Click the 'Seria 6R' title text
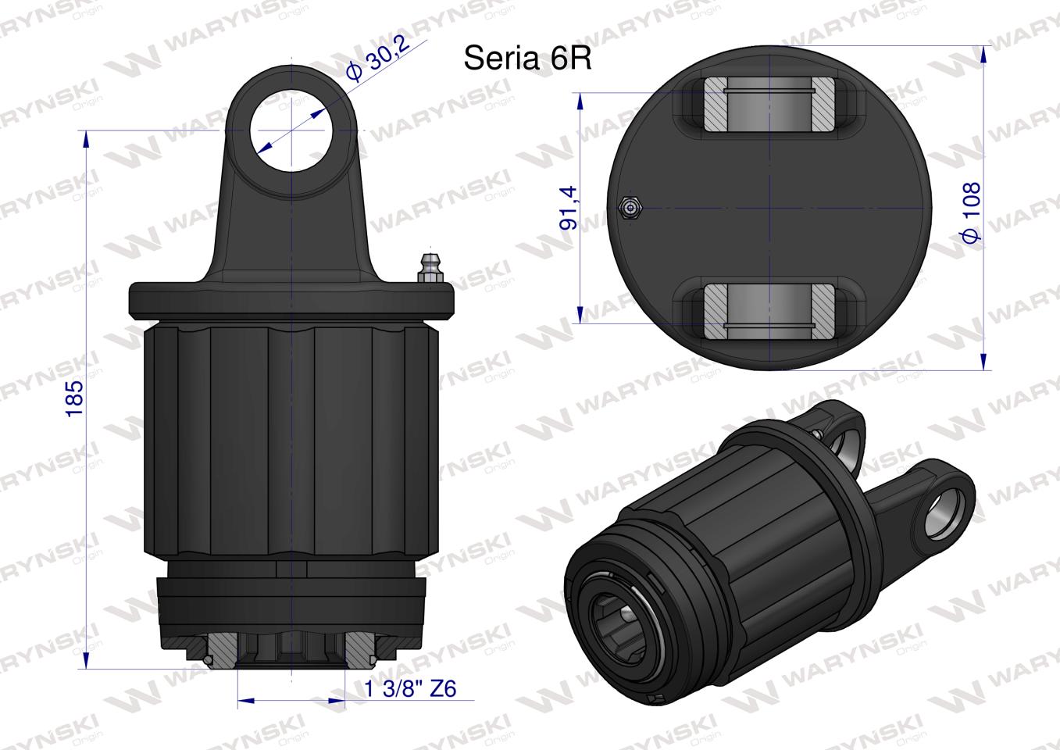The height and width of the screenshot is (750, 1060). click(x=527, y=59)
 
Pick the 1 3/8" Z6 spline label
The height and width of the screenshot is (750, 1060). click(x=410, y=688)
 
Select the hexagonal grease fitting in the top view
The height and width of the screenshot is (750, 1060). click(x=629, y=208)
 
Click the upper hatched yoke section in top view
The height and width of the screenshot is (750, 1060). click(x=769, y=105)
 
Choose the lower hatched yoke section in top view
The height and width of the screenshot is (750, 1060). click(x=769, y=311)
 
